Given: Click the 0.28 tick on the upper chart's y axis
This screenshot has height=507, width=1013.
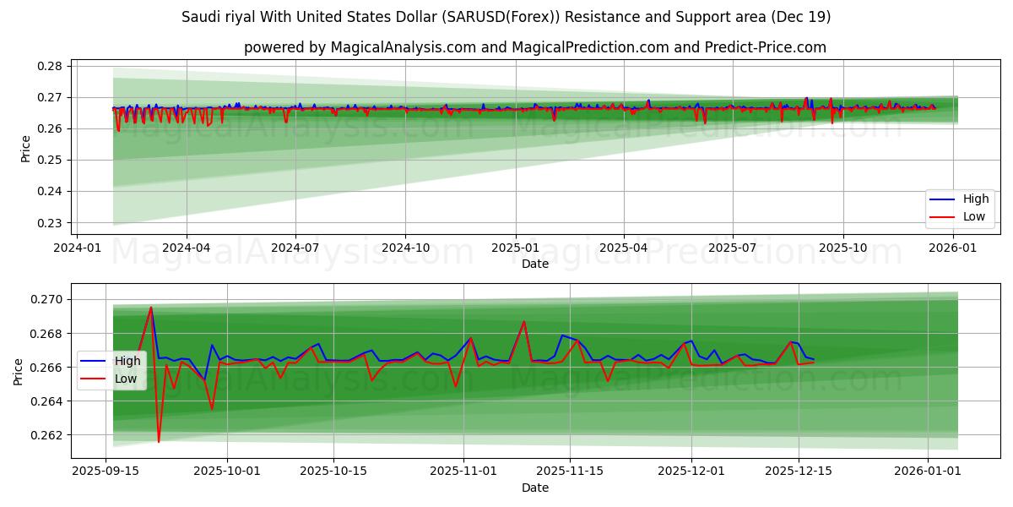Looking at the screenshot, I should pyautogui.click(x=52, y=66).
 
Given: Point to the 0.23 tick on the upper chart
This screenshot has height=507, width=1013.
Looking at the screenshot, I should pyautogui.click(x=52, y=223).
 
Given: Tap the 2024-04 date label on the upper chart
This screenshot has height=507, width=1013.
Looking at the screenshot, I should pyautogui.click(x=186, y=248).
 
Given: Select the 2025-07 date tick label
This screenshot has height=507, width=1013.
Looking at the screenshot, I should pyautogui.click(x=732, y=248).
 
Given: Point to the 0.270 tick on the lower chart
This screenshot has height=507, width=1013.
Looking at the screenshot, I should pyautogui.click(x=48, y=299).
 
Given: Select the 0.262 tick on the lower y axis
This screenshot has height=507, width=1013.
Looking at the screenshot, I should pyautogui.click(x=48, y=435).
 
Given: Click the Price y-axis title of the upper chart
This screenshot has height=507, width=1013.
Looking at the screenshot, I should pyautogui.click(x=25, y=148).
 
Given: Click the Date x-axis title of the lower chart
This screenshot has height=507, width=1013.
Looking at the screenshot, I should pyautogui.click(x=535, y=488).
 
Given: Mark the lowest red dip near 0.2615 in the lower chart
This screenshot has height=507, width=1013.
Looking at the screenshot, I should pyautogui.click(x=159, y=442).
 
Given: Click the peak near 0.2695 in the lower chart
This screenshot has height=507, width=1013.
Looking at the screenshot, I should pyautogui.click(x=151, y=308).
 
